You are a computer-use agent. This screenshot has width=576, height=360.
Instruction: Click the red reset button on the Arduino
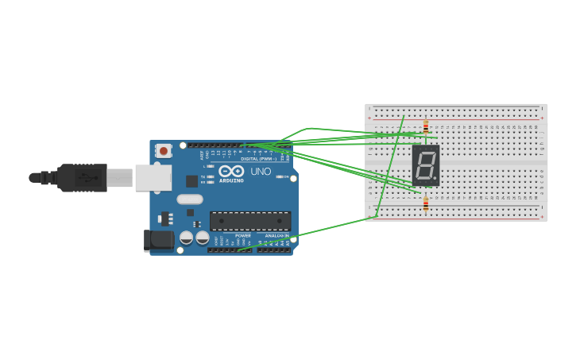tap(164, 150)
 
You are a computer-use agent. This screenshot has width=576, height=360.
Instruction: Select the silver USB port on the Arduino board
tap(153, 177)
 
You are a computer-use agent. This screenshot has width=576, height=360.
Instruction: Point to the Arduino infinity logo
tap(231, 171)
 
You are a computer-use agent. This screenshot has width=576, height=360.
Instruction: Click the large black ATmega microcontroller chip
tap(249, 220)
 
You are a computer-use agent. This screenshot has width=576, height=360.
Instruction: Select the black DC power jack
tap(158, 241)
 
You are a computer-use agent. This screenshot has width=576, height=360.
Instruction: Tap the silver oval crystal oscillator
tap(190, 199)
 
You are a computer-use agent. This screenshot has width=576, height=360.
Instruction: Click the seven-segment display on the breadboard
tap(425, 165)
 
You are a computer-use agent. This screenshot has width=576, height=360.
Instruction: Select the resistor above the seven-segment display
tap(426, 126)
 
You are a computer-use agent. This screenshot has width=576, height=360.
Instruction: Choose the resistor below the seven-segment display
tap(426, 204)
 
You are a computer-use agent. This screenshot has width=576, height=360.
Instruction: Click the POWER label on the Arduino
tap(242, 235)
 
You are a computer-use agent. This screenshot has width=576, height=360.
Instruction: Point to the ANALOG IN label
tap(277, 235)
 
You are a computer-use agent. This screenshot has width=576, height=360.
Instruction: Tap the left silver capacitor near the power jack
tap(186, 237)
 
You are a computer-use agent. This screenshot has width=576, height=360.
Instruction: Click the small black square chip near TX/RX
tap(191, 180)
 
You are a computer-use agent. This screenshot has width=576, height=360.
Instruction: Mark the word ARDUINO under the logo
tap(231, 180)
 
